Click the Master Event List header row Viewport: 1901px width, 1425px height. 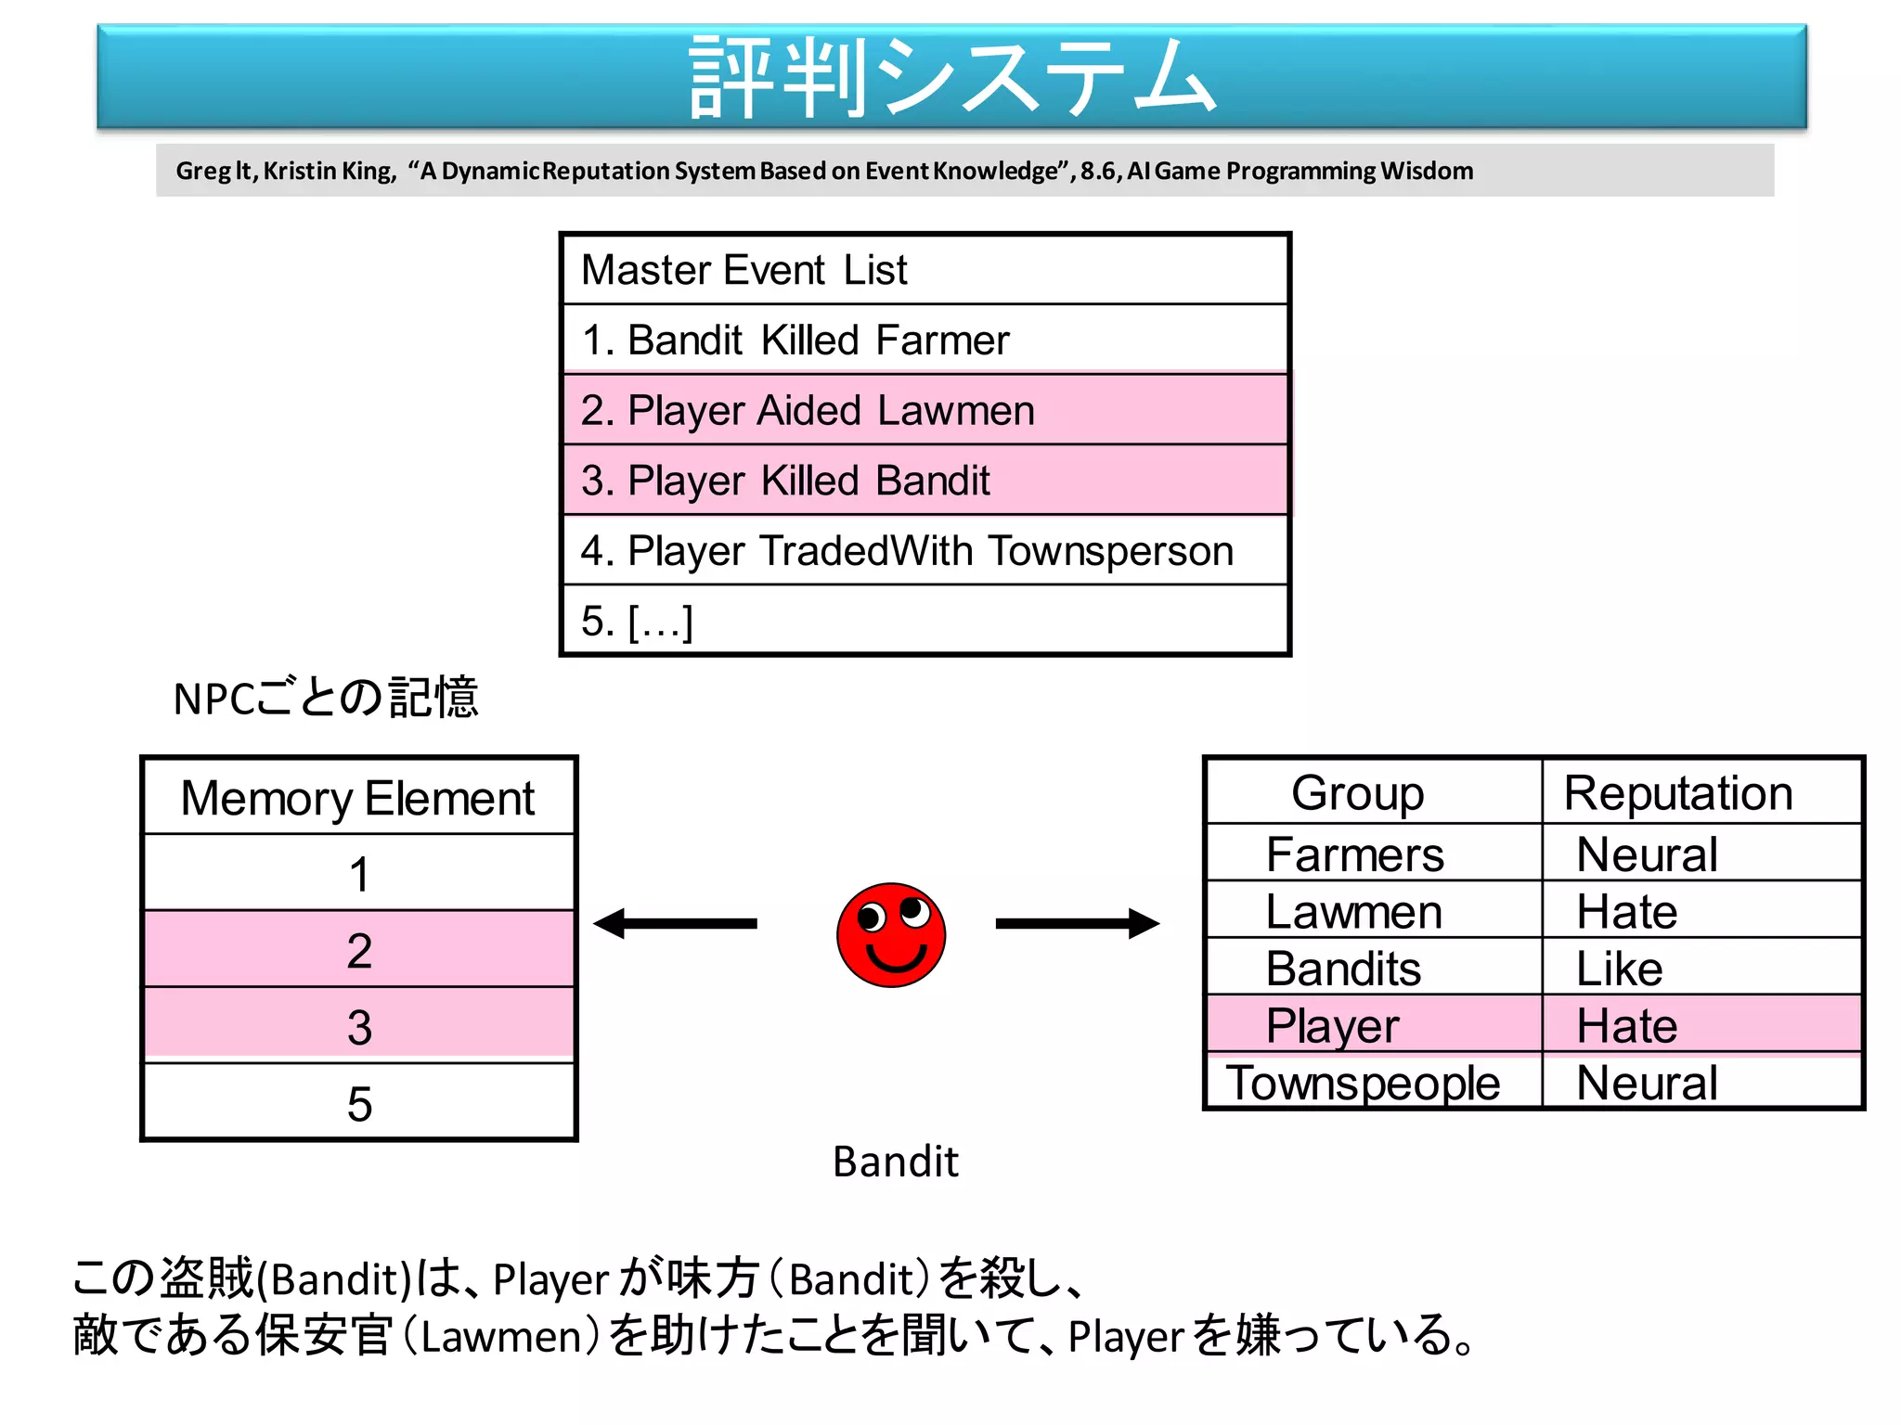[x=925, y=270]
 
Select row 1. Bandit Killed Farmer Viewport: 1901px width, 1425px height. [x=925, y=340]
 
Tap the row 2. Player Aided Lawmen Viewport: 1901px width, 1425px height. [x=925, y=410]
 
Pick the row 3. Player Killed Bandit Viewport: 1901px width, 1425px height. [x=925, y=481]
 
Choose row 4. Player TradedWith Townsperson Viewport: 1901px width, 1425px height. [x=925, y=550]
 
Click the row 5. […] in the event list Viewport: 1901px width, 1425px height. [x=925, y=621]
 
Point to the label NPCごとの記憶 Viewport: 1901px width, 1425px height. [x=325, y=698]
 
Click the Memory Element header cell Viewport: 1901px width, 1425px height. [x=358, y=798]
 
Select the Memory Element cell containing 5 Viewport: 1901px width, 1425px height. [x=358, y=1103]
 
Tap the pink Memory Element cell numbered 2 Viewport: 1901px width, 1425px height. [x=358, y=950]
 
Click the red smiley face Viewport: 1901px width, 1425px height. [x=891, y=934]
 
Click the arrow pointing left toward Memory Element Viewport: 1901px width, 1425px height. [x=675, y=923]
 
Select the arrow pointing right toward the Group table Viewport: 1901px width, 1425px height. [x=1077, y=923]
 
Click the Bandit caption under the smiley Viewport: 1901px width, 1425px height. [x=895, y=1162]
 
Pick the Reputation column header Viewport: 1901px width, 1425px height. [x=1678, y=793]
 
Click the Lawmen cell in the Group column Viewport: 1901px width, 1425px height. [x=1355, y=911]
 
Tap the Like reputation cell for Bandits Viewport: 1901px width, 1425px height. [x=1620, y=969]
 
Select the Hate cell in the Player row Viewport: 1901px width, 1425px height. [x=1627, y=1026]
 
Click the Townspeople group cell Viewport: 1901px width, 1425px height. [x=1363, y=1083]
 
